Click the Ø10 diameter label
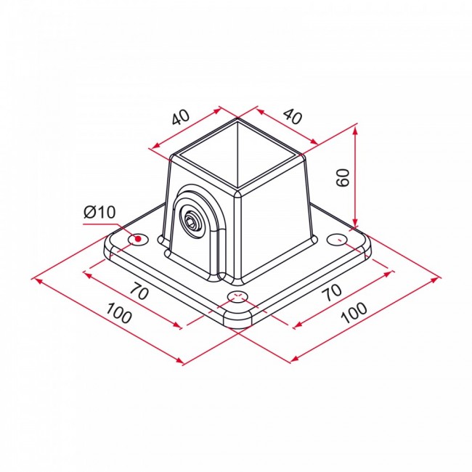[x=99, y=212]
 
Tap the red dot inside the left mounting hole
[x=138, y=239]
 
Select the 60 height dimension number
[x=343, y=178]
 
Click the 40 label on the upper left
[x=181, y=117]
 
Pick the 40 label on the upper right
[x=293, y=115]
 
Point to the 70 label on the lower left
[x=139, y=291]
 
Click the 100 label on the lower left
[x=119, y=313]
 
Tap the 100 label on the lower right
[x=354, y=313]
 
